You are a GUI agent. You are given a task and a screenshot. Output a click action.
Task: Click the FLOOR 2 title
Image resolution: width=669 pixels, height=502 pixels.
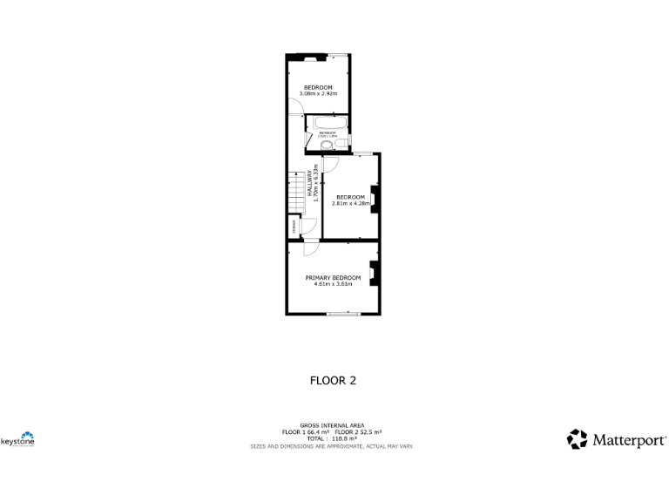click(334, 380)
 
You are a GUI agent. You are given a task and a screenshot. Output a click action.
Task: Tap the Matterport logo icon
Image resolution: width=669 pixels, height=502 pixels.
click(577, 439)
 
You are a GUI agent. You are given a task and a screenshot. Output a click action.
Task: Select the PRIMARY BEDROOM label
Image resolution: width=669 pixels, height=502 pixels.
click(333, 277)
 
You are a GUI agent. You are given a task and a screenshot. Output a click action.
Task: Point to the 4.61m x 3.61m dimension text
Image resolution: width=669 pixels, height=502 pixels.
click(333, 284)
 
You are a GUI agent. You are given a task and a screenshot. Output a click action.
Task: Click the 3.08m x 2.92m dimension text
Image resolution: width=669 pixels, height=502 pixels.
click(318, 93)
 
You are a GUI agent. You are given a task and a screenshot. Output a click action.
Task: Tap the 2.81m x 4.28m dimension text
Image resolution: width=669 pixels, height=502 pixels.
click(352, 203)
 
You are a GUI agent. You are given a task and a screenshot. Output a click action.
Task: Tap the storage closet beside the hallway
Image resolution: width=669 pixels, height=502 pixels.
click(294, 229)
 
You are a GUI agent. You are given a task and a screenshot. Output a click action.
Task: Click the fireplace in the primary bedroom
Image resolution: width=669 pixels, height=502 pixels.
click(373, 274)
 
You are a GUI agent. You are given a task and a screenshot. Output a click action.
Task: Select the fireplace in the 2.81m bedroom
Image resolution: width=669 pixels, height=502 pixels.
click(374, 200)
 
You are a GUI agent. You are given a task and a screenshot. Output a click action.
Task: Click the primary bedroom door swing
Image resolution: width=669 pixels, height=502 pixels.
click(310, 248)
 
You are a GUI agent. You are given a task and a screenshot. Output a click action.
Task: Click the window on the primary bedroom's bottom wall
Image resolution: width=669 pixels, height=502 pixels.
click(343, 314)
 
